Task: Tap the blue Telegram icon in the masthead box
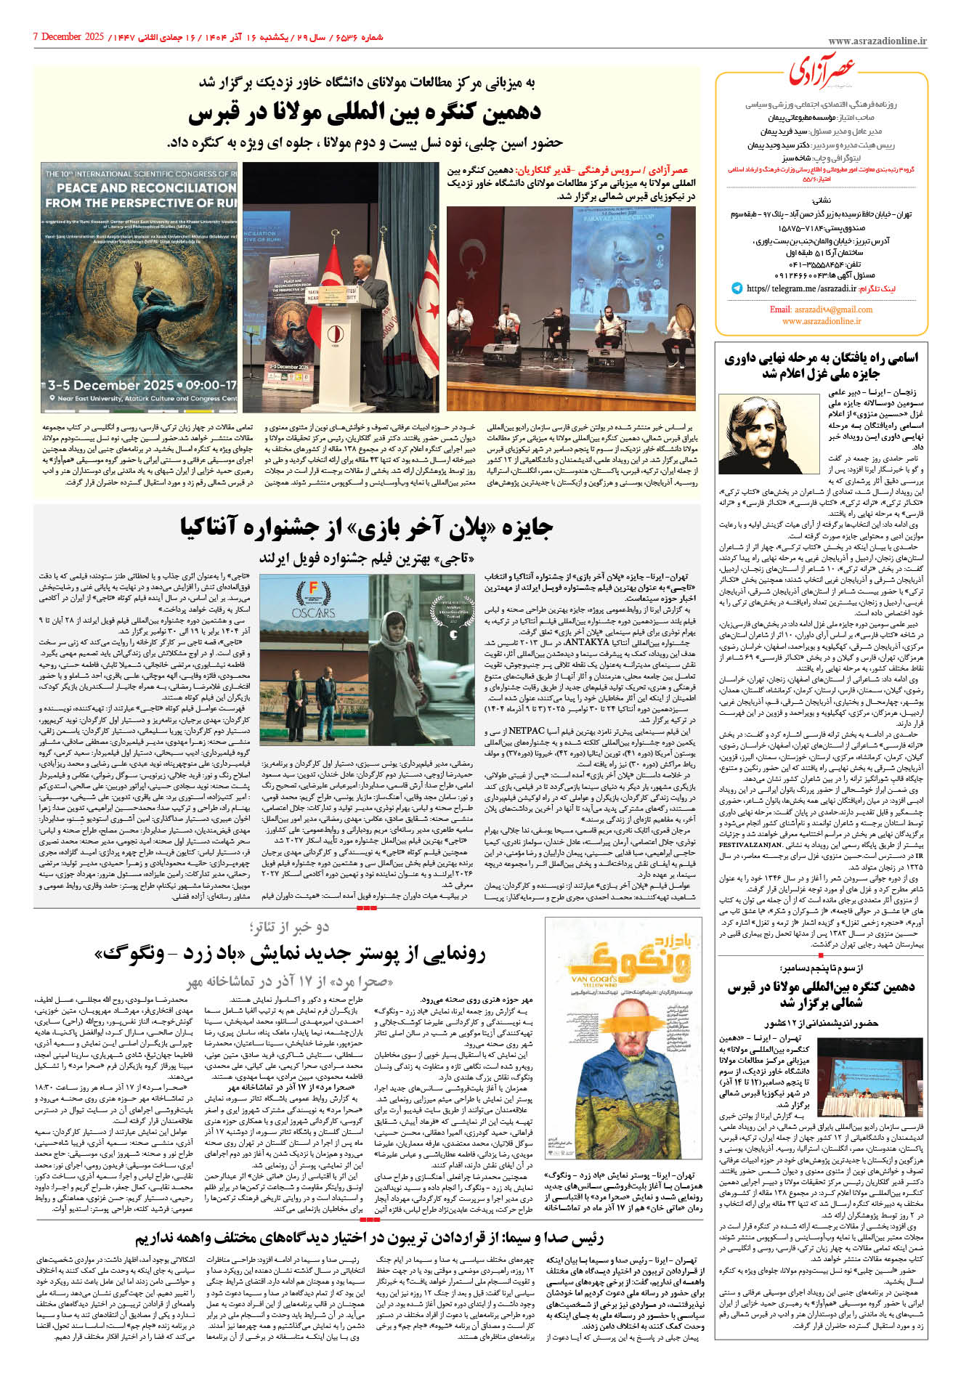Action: click(737, 288)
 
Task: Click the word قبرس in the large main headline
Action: click(217, 113)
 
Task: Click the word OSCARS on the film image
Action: click(314, 612)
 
